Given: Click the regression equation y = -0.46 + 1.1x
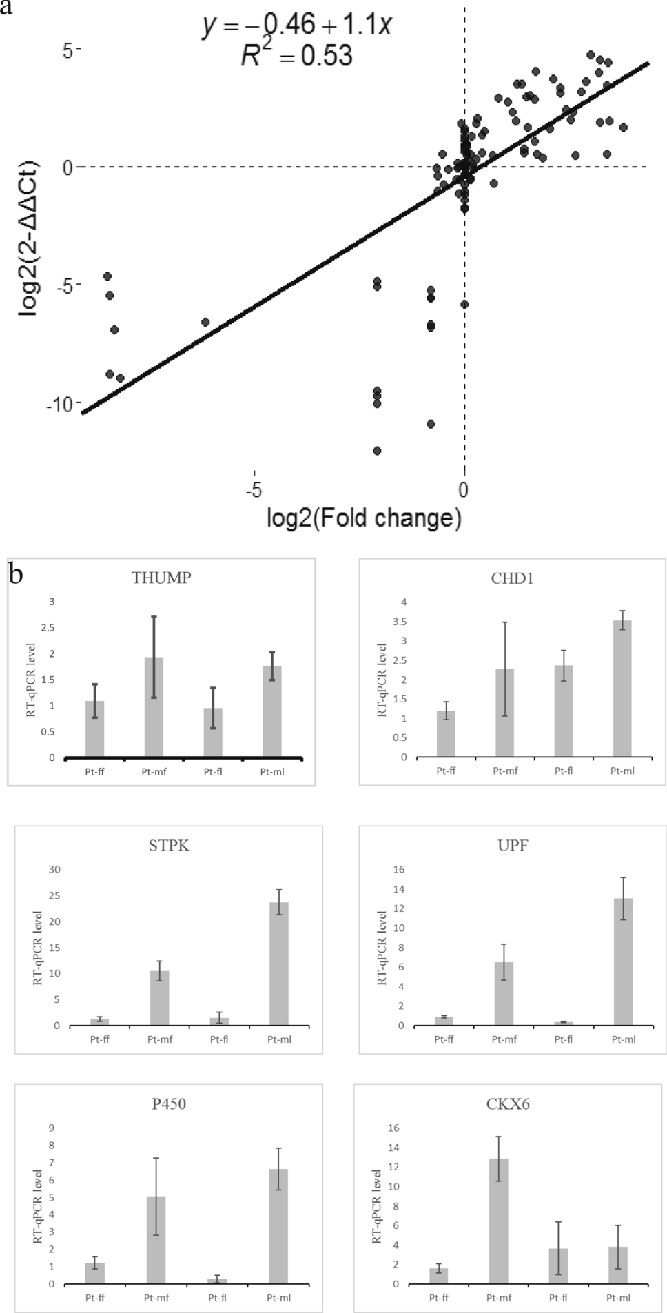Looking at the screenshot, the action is [297, 26].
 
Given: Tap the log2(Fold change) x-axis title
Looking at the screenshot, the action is [364, 517].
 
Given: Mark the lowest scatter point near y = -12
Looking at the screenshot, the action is [377, 451].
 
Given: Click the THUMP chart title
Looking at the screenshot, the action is [161, 578].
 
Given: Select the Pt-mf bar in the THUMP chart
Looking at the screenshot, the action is [154, 706].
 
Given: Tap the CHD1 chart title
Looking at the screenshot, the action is [512, 578].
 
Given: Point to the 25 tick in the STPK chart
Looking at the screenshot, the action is [54, 895].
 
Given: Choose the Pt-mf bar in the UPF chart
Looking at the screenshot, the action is [504, 993].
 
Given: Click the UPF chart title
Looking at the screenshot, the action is [513, 846].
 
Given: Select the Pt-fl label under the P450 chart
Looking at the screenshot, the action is [217, 1298].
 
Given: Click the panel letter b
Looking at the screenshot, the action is [16, 574].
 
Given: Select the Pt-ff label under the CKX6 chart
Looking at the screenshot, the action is [439, 1298].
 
